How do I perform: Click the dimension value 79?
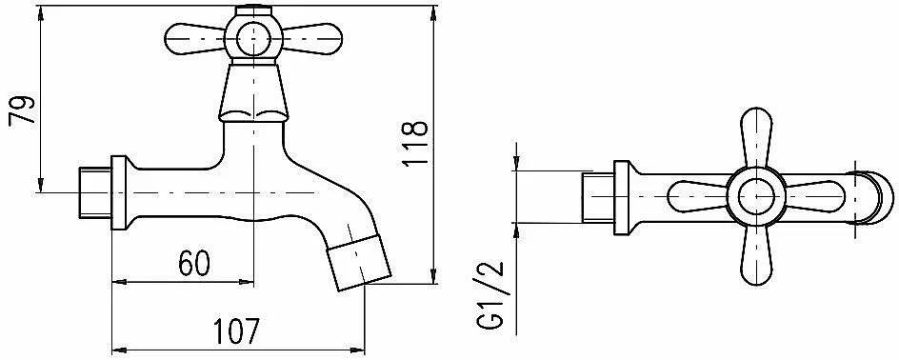(x=22, y=110)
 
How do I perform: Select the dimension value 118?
(x=415, y=143)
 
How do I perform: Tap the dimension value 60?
(x=194, y=263)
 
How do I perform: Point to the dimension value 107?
(x=237, y=330)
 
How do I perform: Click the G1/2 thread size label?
(x=489, y=294)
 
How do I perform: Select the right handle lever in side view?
(x=311, y=40)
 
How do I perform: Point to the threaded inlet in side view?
(x=95, y=192)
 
